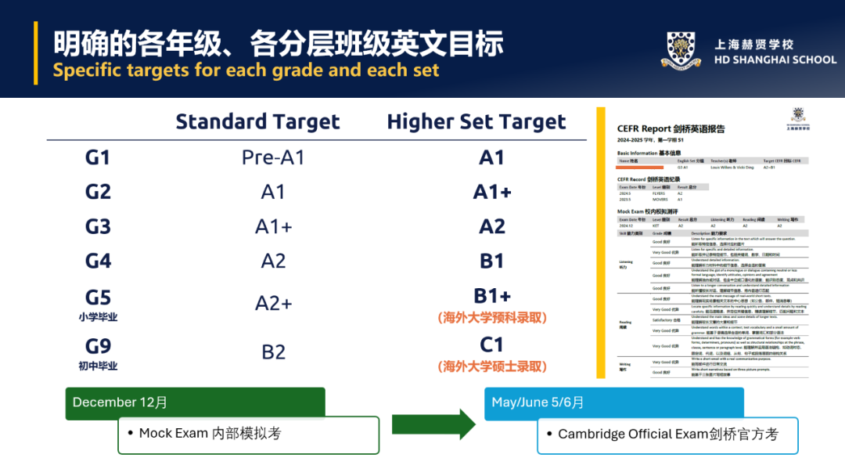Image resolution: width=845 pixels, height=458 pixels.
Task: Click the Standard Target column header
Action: [x=257, y=122]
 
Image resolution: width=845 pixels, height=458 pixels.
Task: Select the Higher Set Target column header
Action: [x=476, y=122]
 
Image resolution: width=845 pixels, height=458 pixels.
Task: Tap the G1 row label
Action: [x=98, y=157]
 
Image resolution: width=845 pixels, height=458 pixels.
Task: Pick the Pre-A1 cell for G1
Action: [x=273, y=157]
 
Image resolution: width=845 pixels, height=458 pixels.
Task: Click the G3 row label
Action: [x=98, y=226]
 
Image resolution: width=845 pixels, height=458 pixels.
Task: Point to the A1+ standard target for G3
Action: [x=273, y=226]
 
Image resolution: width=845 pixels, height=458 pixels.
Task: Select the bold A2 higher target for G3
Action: [x=491, y=226]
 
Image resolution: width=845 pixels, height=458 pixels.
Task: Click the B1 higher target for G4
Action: [x=491, y=261]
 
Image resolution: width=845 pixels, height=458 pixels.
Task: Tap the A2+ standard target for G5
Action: [x=273, y=304]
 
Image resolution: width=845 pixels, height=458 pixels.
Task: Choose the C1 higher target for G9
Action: [x=491, y=344]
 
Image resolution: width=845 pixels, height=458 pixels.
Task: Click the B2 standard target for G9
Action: [x=273, y=352]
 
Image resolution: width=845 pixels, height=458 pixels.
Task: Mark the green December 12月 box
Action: [x=195, y=402]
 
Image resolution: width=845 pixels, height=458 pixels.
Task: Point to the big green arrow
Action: [x=433, y=424]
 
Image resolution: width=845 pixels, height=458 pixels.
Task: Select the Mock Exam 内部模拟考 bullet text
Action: [x=210, y=433]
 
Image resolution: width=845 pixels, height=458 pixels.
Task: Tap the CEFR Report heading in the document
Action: [x=670, y=128]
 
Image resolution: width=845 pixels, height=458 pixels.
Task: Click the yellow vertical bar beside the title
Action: [x=35, y=52]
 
